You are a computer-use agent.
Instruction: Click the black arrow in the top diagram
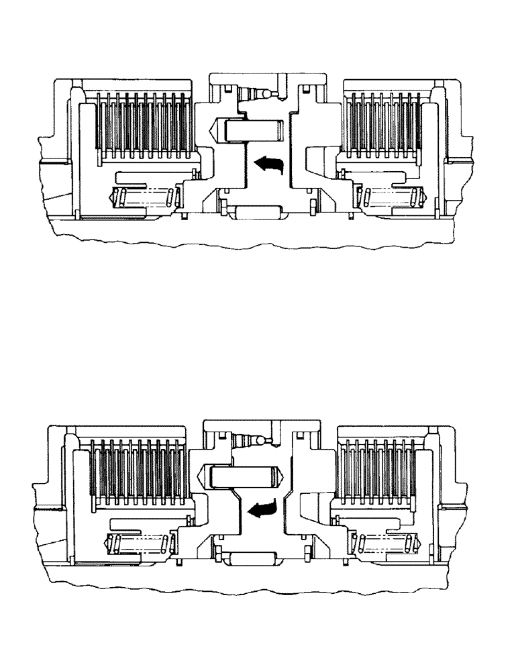(x=270, y=163)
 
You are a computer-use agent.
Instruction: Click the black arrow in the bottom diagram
(x=263, y=512)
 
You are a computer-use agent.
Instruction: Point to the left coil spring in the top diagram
(x=144, y=199)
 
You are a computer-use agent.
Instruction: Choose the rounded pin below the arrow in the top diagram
(x=258, y=213)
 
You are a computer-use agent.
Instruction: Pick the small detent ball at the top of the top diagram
(x=268, y=94)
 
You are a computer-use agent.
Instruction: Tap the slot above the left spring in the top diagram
(x=144, y=177)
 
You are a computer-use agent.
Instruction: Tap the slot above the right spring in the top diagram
(x=376, y=177)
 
